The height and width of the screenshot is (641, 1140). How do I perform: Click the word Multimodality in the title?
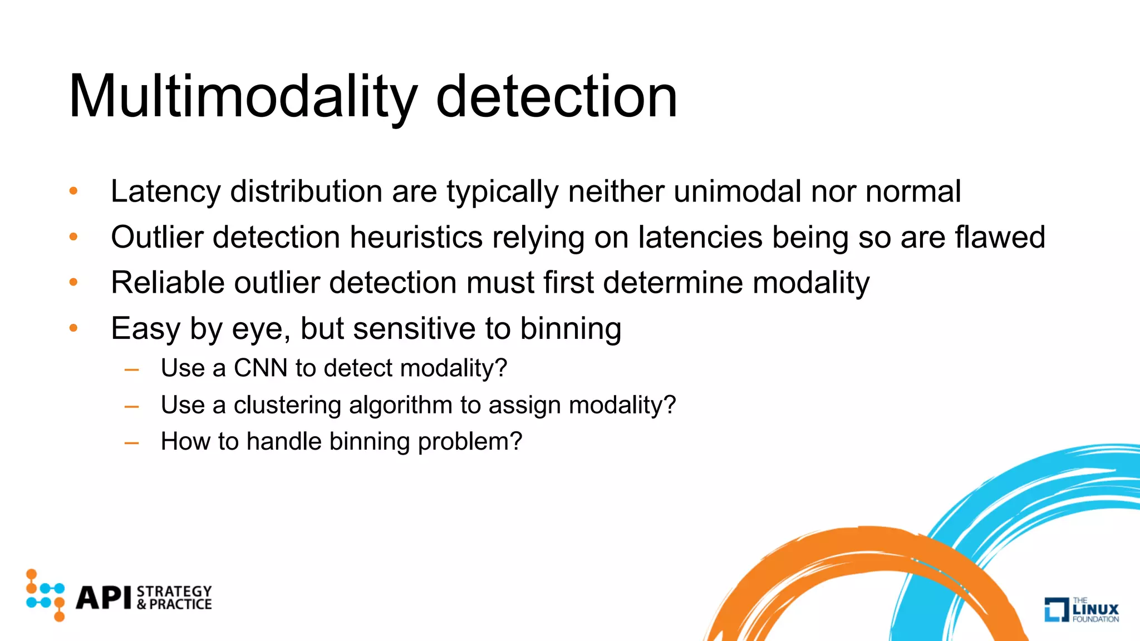[x=242, y=97]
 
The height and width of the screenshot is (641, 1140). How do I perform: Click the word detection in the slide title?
[x=556, y=97]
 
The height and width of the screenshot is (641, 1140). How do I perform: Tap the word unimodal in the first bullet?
[x=737, y=192]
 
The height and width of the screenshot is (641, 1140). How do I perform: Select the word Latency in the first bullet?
[x=165, y=192]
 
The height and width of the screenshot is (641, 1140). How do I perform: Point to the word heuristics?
[x=416, y=238]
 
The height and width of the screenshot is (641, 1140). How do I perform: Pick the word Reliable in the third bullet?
[x=168, y=283]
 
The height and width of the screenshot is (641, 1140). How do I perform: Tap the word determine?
[x=673, y=283]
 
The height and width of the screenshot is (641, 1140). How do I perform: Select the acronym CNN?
[x=260, y=368]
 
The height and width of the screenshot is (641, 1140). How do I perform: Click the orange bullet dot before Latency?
[x=73, y=191]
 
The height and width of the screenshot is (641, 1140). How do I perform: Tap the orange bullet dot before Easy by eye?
[x=73, y=328]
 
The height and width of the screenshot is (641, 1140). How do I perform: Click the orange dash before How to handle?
[x=132, y=443]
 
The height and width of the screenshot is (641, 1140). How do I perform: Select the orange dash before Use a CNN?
[x=132, y=369]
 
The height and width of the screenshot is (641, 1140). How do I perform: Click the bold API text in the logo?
[x=104, y=598]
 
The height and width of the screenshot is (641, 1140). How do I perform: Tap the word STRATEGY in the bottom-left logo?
[x=174, y=591]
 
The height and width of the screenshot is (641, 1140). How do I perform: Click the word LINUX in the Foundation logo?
[x=1095, y=609]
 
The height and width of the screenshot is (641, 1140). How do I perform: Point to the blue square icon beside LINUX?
[x=1055, y=609]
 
